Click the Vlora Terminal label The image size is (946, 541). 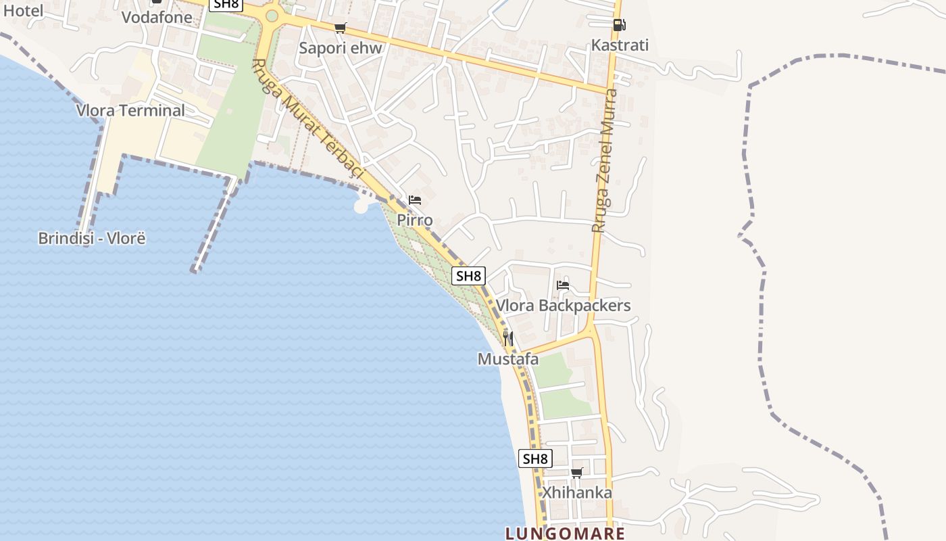(130, 110)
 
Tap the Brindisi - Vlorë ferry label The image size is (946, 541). (92, 238)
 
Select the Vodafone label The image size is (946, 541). (157, 17)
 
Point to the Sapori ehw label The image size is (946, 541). (341, 48)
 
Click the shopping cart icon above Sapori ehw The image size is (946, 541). (340, 28)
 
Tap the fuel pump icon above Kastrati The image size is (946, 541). (619, 25)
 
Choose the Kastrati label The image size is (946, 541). (620, 45)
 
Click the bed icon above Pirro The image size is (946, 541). (415, 200)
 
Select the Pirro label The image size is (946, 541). (415, 220)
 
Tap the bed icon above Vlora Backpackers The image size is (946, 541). (563, 285)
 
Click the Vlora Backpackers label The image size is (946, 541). (564, 306)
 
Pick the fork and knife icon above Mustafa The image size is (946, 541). (508, 339)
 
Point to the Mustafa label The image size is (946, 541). (508, 359)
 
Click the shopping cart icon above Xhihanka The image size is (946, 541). (576, 473)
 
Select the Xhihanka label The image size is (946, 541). (576, 492)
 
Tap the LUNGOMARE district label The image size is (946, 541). (565, 534)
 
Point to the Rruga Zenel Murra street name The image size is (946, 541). (605, 161)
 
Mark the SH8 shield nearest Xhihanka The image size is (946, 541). (535, 458)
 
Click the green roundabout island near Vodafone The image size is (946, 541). (272, 16)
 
